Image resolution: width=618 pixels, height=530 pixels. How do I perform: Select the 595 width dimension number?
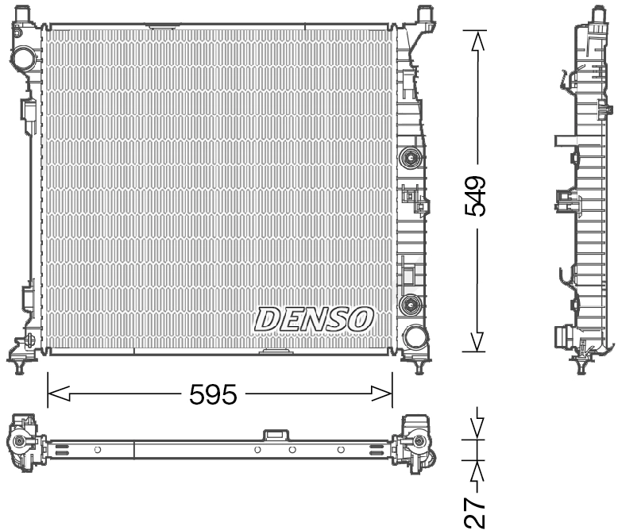[213, 394]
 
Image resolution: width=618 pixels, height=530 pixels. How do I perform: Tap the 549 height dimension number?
[476, 195]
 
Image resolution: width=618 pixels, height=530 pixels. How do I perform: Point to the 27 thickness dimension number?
[476, 513]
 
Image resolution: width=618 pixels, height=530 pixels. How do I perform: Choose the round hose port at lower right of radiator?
[415, 336]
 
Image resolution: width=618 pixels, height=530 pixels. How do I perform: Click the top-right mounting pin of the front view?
[424, 13]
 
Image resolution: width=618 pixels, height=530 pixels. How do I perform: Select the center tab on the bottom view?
[276, 435]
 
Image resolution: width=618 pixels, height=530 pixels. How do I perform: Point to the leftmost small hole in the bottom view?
[98, 450]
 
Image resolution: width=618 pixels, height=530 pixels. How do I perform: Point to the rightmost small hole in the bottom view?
[341, 450]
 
